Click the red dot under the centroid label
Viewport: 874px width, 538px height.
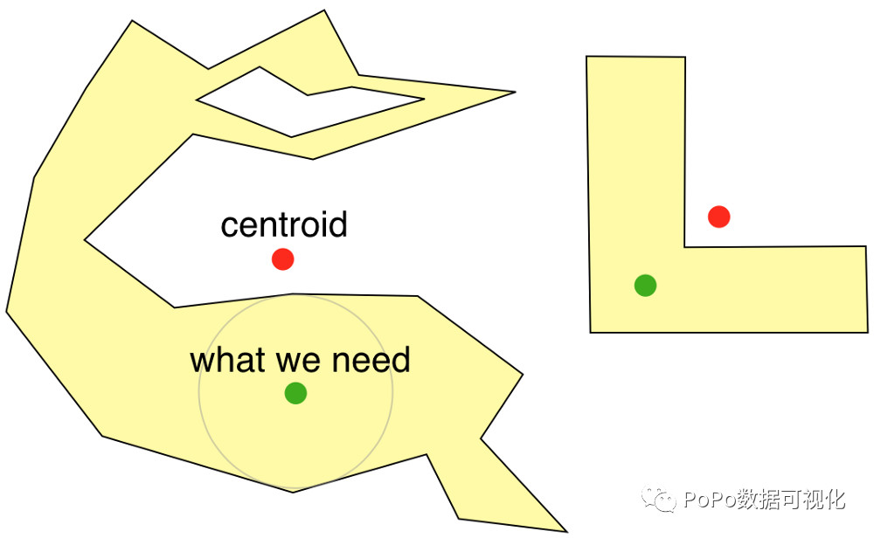coord(282,259)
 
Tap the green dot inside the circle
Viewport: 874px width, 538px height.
coord(295,393)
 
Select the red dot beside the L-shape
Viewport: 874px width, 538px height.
coord(718,216)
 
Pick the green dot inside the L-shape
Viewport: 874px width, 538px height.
coord(645,285)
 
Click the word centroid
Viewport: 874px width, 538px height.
coord(284,225)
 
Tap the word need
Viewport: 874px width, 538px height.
coord(376,360)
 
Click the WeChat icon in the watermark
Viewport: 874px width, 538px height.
coord(659,500)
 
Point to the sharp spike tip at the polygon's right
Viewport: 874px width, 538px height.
coord(514,91)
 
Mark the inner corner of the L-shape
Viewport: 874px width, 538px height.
coord(684,247)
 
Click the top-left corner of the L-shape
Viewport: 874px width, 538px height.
coord(586,57)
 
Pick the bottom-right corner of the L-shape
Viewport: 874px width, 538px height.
coord(867,332)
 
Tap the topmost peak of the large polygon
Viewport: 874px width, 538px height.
coord(324,10)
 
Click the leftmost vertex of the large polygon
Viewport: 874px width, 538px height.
coord(6,311)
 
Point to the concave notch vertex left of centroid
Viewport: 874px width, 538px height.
coord(85,238)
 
